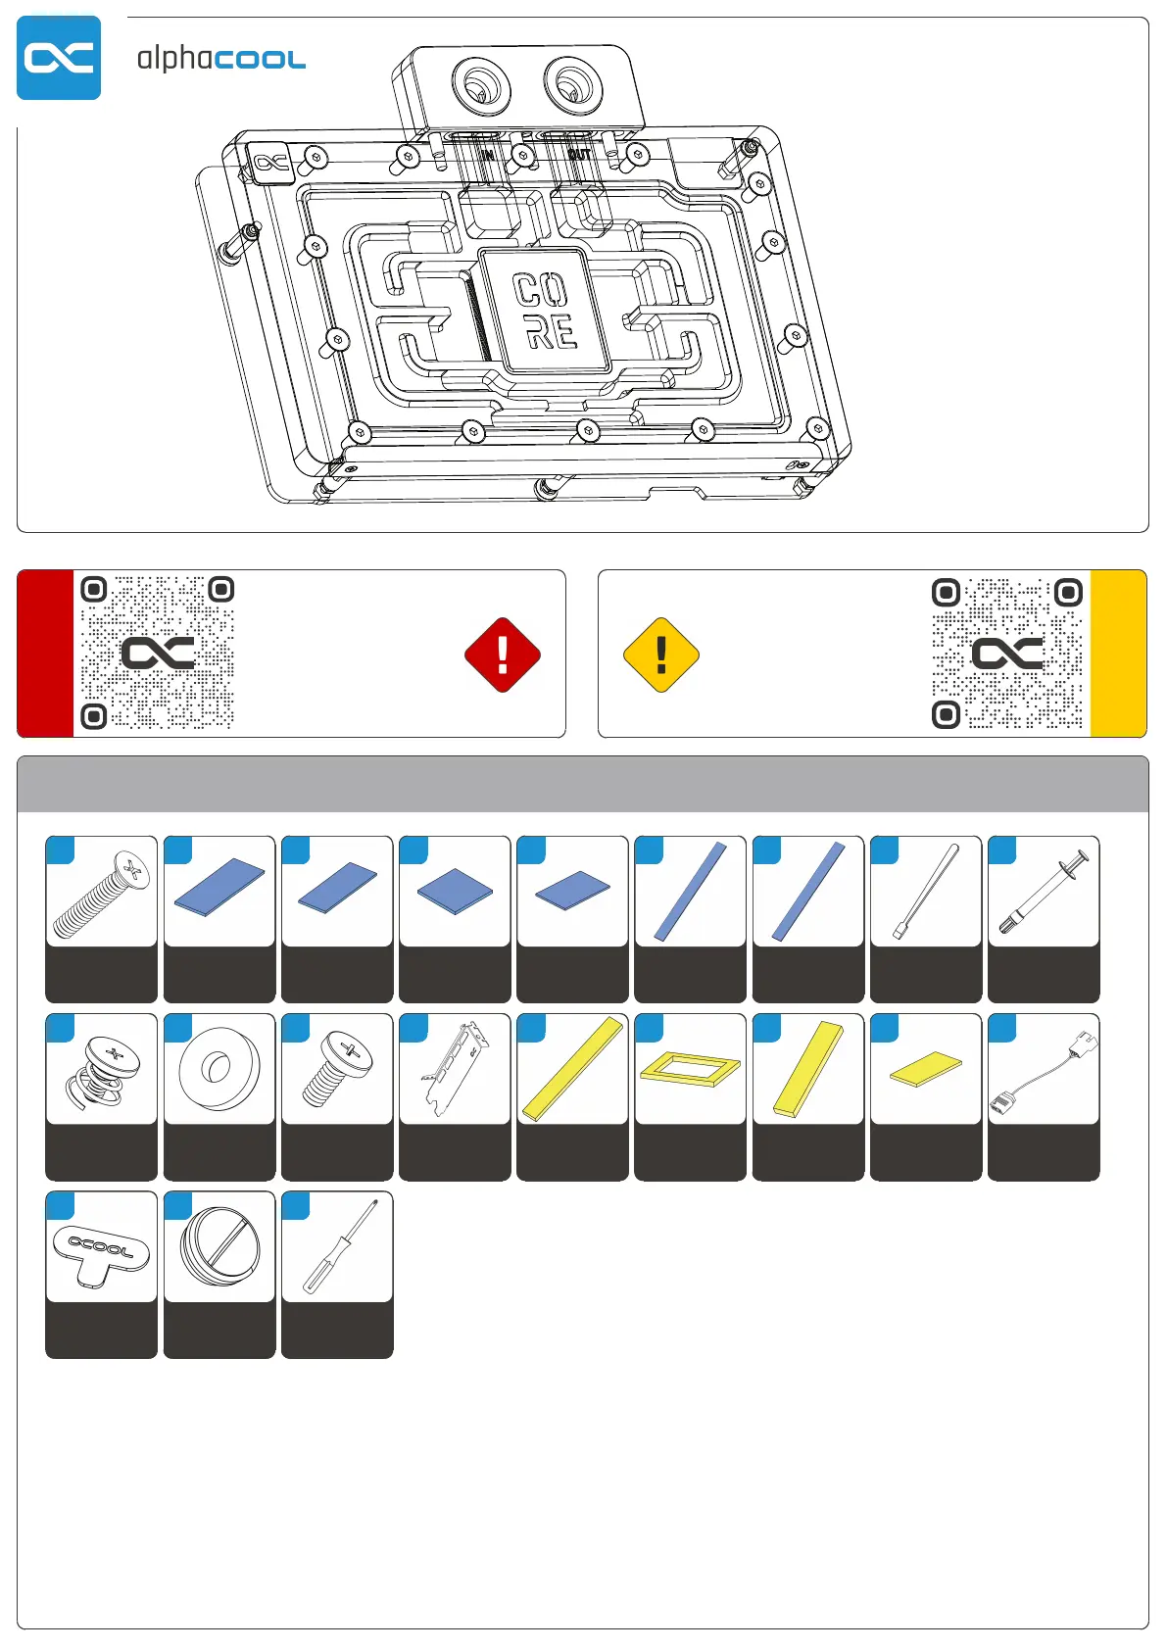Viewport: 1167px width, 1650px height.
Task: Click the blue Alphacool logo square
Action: [59, 58]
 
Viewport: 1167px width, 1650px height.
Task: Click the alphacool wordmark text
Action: [220, 59]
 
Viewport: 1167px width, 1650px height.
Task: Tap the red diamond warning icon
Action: [503, 655]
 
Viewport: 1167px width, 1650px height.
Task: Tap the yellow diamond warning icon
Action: [661, 655]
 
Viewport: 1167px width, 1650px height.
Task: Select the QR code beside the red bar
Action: [157, 653]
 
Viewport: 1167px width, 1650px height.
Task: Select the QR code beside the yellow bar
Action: [1007, 653]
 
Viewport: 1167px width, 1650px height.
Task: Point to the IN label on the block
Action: [487, 155]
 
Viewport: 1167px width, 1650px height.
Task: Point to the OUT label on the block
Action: [579, 155]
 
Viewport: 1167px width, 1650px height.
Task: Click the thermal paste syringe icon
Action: [1044, 892]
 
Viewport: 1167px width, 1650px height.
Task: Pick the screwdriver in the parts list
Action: [337, 1247]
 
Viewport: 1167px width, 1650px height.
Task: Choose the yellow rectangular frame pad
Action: [690, 1068]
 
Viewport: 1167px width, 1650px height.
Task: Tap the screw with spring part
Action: [101, 1071]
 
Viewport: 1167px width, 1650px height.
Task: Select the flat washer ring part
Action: [219, 1068]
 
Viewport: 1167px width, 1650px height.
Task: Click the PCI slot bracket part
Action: [455, 1068]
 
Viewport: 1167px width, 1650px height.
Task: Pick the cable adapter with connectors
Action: [1044, 1070]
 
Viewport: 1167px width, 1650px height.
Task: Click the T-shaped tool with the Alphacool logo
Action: [101, 1251]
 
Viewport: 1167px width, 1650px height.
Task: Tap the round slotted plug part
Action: [219, 1247]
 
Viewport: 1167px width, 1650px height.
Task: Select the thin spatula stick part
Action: [926, 892]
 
